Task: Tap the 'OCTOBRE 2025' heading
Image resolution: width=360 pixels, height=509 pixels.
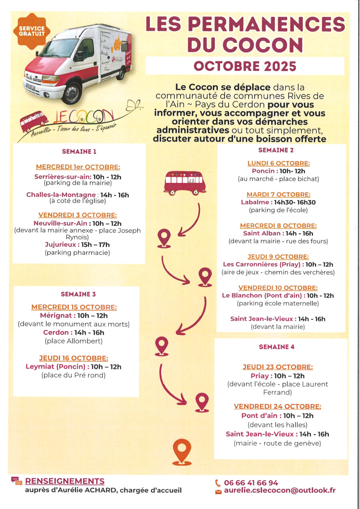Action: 245,66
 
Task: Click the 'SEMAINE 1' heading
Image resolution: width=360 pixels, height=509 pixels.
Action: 79,152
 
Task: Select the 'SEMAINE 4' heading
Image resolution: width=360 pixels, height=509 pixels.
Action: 276,347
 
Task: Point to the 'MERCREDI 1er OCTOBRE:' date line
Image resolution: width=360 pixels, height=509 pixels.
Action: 78,167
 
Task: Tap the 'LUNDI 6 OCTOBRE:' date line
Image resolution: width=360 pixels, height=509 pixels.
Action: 278,163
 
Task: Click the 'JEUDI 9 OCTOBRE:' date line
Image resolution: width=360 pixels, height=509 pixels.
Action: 278,257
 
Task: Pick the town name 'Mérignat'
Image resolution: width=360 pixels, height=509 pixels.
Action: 58,315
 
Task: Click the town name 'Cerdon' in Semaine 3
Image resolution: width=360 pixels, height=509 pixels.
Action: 56,333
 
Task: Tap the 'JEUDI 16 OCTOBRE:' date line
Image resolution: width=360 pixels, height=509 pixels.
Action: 73,358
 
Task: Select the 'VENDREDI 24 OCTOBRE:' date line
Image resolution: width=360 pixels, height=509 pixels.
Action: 277,407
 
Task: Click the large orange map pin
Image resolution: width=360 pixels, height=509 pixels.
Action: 182,451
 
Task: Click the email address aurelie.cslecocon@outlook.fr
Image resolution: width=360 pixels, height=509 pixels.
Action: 280,491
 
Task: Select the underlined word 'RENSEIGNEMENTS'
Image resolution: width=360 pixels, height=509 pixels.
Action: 64,481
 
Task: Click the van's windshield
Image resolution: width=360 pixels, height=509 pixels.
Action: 58,48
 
